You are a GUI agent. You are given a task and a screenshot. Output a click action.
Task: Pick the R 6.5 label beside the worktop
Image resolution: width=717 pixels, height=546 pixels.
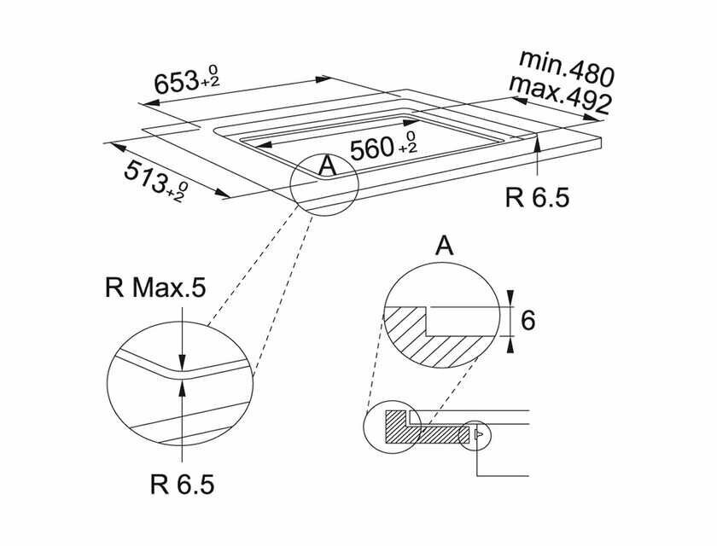click(x=536, y=198)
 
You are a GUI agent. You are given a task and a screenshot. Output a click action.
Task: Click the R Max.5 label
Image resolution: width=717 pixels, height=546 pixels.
click(x=155, y=288)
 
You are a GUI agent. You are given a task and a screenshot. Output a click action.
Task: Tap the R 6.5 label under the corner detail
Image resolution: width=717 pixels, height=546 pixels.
click(x=180, y=485)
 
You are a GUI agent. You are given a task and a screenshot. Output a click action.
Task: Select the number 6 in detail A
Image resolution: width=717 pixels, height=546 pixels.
click(x=527, y=321)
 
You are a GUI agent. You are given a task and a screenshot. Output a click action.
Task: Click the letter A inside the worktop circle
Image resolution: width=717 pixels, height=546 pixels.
click(x=326, y=166)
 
